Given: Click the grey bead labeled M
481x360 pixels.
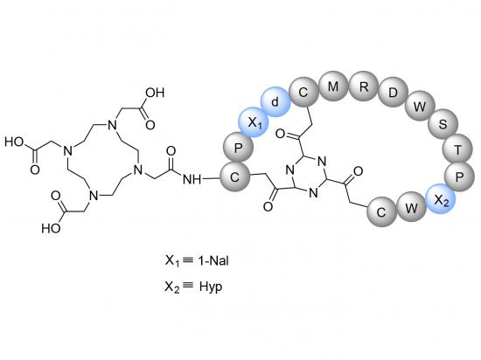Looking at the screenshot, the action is tap(333, 87).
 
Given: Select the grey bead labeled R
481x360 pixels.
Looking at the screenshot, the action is tap(363, 87).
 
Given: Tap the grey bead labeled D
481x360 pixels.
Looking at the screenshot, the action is tap(393, 93).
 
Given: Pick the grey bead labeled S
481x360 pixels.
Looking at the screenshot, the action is tap(443, 124).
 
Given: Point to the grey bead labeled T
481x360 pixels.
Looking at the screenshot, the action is tap(457, 149).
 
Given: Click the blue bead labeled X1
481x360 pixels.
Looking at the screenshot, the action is tap(254, 123).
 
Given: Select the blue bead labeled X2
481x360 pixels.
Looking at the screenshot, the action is tap(440, 199).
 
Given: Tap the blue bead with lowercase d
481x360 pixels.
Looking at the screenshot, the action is tap(275, 101).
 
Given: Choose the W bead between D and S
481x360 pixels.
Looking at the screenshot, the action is tap(420, 107).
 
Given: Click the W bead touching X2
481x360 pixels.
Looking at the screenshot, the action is tap(411, 207).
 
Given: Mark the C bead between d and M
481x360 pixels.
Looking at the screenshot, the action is tap(303, 92).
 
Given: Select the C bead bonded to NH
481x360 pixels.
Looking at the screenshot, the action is tap(234, 177).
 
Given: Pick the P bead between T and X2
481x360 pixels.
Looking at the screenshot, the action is tap(459, 177).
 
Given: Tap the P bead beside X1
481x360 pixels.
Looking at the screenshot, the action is tap(238, 148).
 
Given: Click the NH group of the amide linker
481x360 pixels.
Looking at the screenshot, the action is tap(192, 179).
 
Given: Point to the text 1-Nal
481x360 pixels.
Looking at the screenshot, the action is tap(213, 260).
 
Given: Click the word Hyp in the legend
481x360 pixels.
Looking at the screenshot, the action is tap(211, 287).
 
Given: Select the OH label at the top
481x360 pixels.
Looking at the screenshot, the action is tap(155, 93).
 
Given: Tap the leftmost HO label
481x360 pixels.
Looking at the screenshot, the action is tap(14, 142).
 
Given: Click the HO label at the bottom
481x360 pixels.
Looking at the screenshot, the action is tap(52, 228).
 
